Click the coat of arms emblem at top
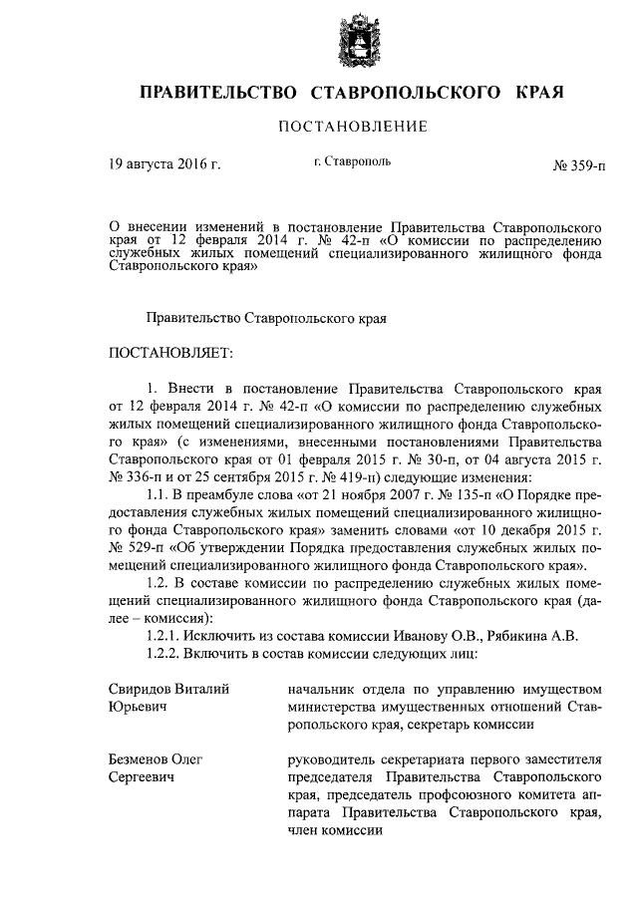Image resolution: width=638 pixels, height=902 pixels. [x=355, y=42]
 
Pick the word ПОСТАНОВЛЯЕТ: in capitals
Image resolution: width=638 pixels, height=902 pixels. [x=170, y=352]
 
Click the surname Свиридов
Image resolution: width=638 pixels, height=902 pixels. [x=146, y=688]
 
